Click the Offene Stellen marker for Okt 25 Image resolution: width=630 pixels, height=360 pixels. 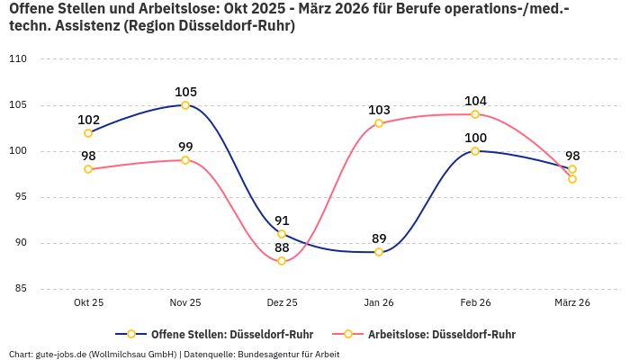tap(88, 133)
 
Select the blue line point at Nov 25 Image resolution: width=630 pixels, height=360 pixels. tap(185, 105)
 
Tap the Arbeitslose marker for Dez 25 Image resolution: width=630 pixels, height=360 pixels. tap(282, 261)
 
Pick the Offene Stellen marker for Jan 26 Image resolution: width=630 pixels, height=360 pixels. tap(379, 252)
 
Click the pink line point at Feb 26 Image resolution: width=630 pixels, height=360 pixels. tap(475, 114)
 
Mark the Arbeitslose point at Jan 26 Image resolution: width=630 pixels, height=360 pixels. tap(379, 123)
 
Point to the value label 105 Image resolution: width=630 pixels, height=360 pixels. tap(185, 92)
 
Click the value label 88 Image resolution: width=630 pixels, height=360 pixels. tap(282, 247)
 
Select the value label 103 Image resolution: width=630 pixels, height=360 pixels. tap(379, 110)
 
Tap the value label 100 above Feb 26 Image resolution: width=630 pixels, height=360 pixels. tap(475, 138)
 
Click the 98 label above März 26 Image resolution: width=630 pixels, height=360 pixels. tap(572, 156)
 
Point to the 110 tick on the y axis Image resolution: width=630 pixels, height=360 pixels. tap(18, 59)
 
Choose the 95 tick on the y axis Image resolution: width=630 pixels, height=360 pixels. tap(21, 197)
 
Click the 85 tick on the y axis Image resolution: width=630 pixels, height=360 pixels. tap(21, 289)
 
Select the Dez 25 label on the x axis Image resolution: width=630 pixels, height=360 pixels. tap(282, 303)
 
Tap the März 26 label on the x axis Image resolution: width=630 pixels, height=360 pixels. tap(572, 303)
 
